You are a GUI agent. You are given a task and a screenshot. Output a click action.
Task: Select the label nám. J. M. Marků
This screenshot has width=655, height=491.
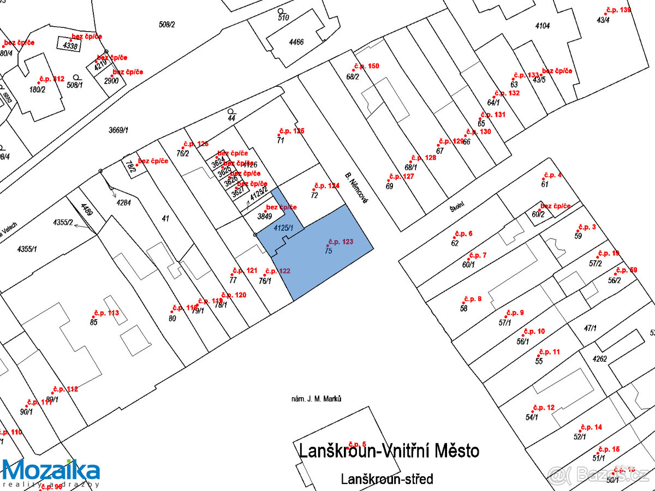coord(317,399)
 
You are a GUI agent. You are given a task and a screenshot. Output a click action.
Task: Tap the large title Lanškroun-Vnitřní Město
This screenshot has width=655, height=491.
coord(389,451)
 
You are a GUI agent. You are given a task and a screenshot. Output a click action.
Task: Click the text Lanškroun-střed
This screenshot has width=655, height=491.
coord(387,479)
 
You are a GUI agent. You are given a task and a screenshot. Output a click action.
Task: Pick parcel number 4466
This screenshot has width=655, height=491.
coord(296,41)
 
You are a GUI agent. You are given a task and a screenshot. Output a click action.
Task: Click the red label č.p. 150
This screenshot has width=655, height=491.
coord(367,66)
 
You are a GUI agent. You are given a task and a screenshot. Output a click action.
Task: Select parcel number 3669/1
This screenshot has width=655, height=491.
coord(118,130)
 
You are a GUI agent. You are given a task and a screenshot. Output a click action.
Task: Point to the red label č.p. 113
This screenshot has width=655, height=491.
coord(106,313)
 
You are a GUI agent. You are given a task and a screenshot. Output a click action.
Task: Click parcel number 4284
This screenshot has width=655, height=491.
coord(124,202)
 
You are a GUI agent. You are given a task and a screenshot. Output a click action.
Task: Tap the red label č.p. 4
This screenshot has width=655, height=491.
coord(552,175)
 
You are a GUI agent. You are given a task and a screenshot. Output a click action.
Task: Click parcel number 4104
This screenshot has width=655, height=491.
coord(543,26)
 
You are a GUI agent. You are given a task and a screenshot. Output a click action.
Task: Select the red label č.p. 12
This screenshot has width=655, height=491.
coord(544,408)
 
